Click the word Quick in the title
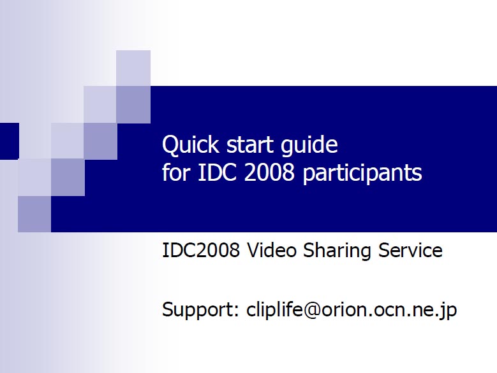point(190,145)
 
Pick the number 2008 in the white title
point(269,172)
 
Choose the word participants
point(362,174)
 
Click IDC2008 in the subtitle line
point(200,250)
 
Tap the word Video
point(272,250)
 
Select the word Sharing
point(338,251)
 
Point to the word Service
point(410,250)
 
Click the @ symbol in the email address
point(312,310)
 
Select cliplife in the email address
point(274,309)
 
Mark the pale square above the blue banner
point(133,68)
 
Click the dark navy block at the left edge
point(10,141)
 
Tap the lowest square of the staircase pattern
point(34,214)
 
